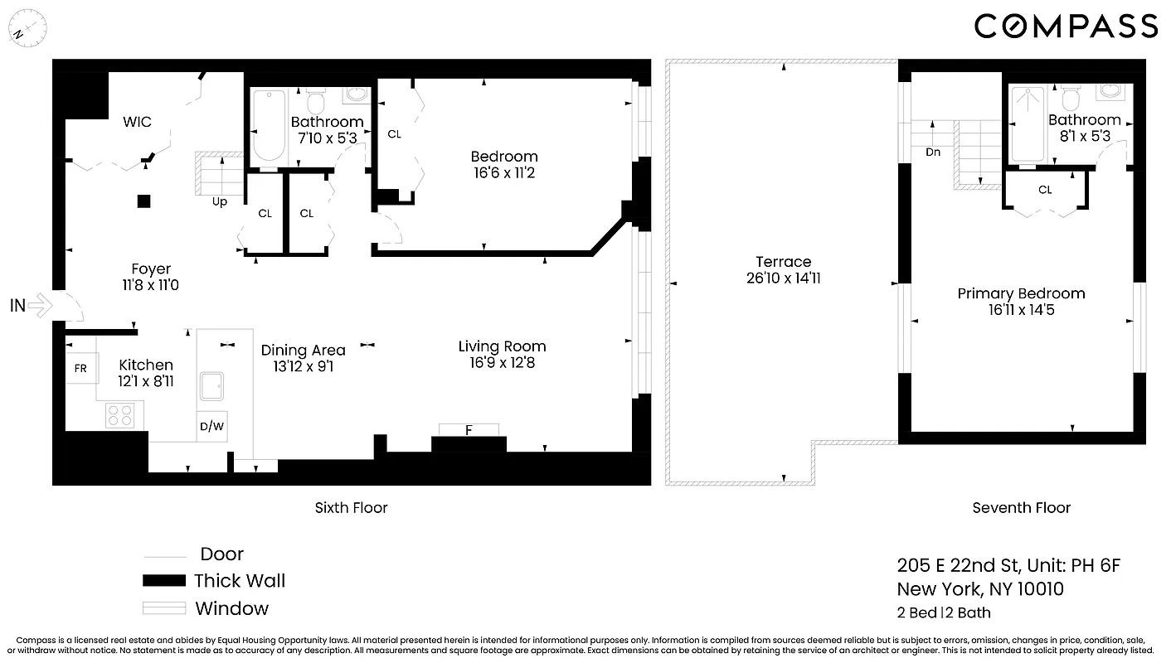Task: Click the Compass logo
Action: coord(1066,26)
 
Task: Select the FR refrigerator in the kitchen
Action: coord(80,368)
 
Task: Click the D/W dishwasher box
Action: coord(211,427)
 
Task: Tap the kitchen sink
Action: coord(211,385)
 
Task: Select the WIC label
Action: coord(137,122)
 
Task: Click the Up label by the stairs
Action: coord(220,201)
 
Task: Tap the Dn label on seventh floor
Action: coord(933,152)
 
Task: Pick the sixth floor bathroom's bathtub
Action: coord(269,126)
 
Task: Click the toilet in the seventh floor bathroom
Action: coord(1070,99)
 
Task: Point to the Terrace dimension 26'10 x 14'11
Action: coord(783,278)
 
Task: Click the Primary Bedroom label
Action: coord(1021,293)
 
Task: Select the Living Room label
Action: coord(502,346)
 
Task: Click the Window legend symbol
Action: coord(164,608)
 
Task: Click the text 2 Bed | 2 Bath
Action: coord(944,613)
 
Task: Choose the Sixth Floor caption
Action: coord(351,507)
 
